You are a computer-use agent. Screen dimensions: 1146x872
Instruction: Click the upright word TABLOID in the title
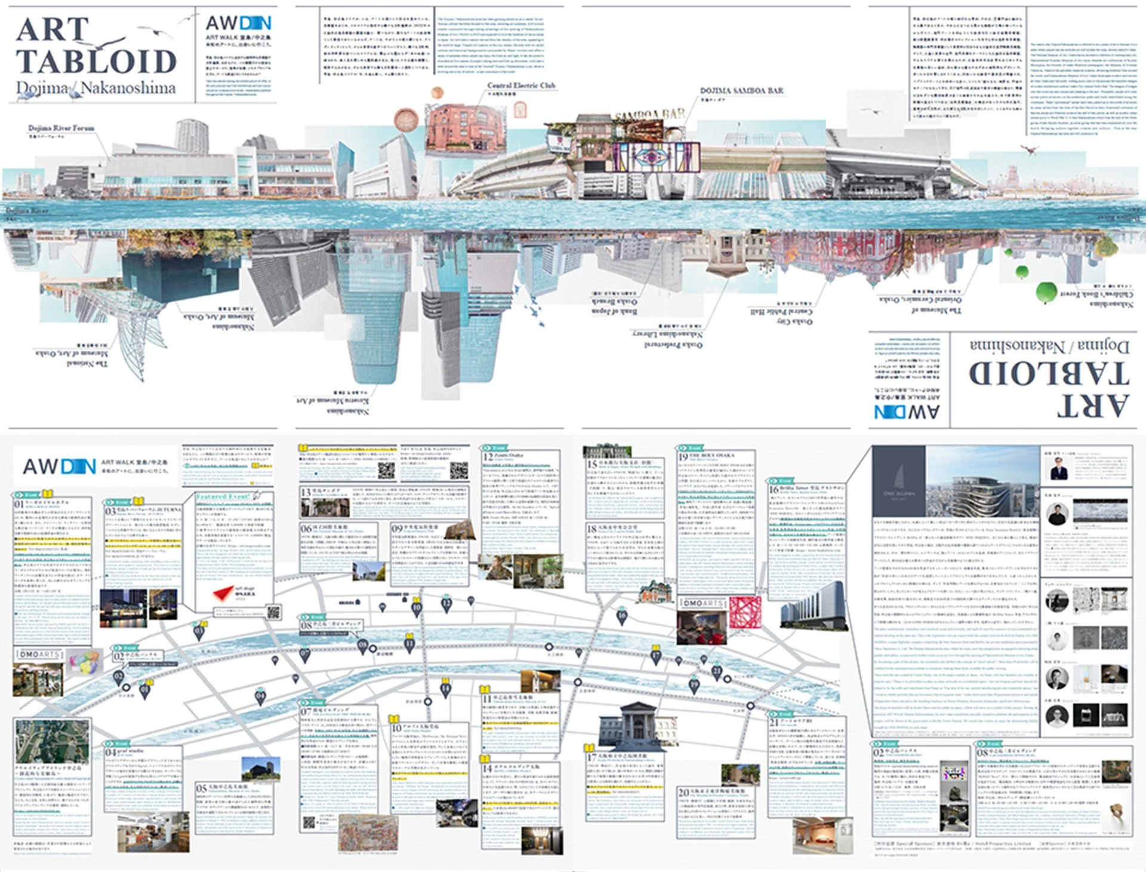(x=95, y=62)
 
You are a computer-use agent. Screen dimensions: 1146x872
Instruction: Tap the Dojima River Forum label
(x=61, y=128)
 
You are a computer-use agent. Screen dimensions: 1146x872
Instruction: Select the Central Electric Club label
(x=520, y=86)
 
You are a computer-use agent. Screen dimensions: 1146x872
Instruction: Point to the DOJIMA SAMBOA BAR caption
(x=741, y=91)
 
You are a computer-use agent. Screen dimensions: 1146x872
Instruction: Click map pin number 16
(x=621, y=616)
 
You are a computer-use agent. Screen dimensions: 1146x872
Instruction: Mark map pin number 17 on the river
(x=655, y=656)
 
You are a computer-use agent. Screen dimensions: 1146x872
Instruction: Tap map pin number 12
(x=446, y=604)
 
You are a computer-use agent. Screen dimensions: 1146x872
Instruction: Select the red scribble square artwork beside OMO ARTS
(x=745, y=612)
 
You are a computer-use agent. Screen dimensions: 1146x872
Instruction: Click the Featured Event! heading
(x=223, y=497)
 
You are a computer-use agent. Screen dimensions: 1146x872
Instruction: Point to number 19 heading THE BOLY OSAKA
(x=713, y=456)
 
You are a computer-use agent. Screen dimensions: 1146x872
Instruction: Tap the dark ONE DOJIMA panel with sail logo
(x=898, y=481)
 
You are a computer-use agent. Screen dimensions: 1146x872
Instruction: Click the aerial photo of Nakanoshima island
(x=52, y=741)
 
